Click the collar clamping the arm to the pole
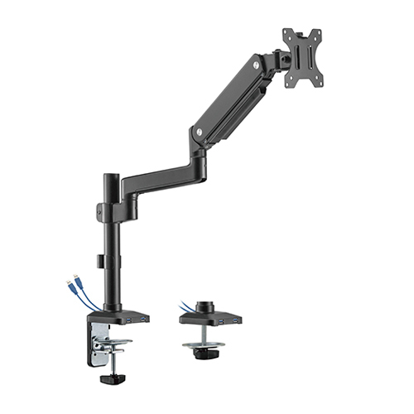click(x=111, y=207)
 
